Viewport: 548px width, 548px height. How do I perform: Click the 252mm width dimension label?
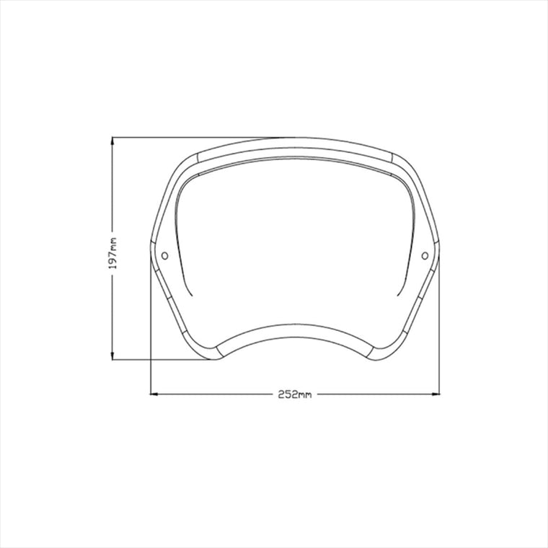[x=294, y=394]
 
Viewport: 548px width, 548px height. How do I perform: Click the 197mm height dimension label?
[x=113, y=253]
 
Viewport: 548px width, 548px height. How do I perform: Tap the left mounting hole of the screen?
[x=164, y=256]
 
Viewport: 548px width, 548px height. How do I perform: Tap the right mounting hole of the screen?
[x=425, y=256]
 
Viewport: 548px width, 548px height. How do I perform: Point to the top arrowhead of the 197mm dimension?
[x=112, y=141]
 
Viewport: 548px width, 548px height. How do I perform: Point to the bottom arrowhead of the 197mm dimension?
[x=112, y=356]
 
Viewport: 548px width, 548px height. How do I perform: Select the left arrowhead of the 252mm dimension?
[x=154, y=394]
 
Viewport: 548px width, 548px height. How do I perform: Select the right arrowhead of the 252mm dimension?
[x=436, y=394]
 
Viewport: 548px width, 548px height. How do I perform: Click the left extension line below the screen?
[x=150, y=322]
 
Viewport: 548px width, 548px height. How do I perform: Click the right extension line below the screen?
[x=439, y=322]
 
